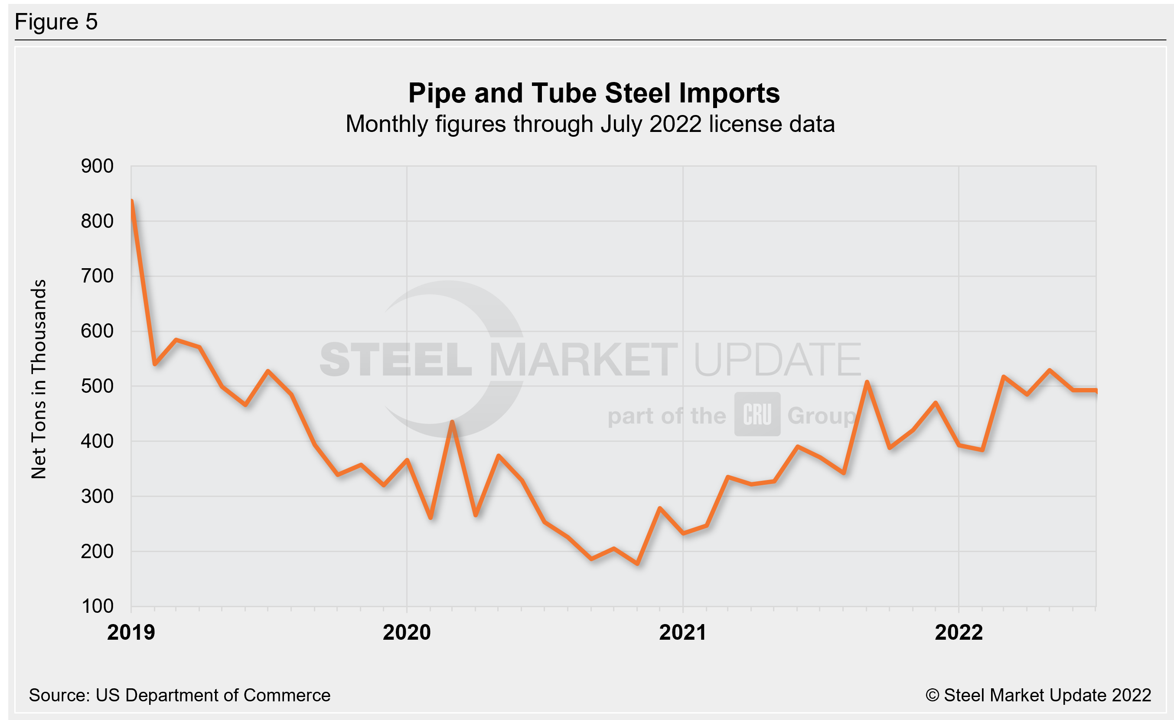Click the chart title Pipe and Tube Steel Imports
594,93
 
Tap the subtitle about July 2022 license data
590,125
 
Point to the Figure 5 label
56,22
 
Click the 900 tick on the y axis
97,166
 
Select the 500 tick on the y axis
97,386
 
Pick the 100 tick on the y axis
97,607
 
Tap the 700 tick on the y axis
97,276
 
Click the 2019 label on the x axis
131,633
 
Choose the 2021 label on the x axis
682,633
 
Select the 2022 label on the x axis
959,633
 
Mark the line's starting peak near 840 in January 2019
132,201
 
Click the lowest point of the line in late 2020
637,564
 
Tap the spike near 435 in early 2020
452,422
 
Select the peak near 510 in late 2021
867,382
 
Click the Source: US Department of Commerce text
179,695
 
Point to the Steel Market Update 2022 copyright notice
1038,695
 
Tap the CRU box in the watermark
757,414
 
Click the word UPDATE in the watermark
776,360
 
